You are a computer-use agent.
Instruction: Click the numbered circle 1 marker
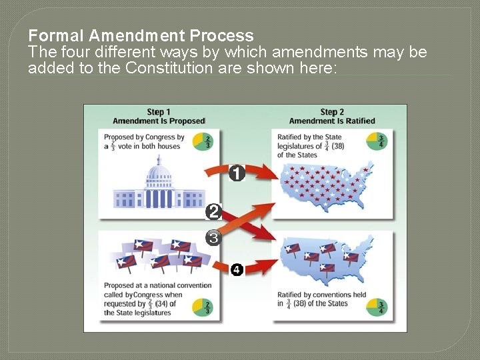[237, 173]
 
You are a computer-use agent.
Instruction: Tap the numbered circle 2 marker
[214, 213]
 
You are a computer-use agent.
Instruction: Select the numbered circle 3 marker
[213, 237]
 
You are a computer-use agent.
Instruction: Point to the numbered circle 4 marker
[237, 269]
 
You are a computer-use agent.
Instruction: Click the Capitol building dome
[158, 174]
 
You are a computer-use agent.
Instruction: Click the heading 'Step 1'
[159, 112]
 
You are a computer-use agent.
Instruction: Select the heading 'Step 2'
[332, 112]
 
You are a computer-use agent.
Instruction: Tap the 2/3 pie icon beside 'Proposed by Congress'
[203, 142]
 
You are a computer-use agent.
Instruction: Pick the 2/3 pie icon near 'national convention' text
[203, 307]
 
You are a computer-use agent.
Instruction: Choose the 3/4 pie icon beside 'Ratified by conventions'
[376, 307]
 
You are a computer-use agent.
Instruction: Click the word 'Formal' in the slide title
[57, 35]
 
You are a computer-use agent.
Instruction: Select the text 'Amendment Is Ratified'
[332, 121]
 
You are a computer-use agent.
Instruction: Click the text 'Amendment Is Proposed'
[159, 121]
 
